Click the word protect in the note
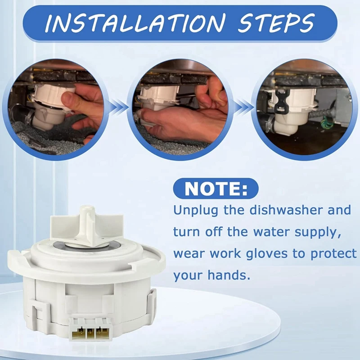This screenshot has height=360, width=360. [333, 253]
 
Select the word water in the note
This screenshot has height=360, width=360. [282, 232]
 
